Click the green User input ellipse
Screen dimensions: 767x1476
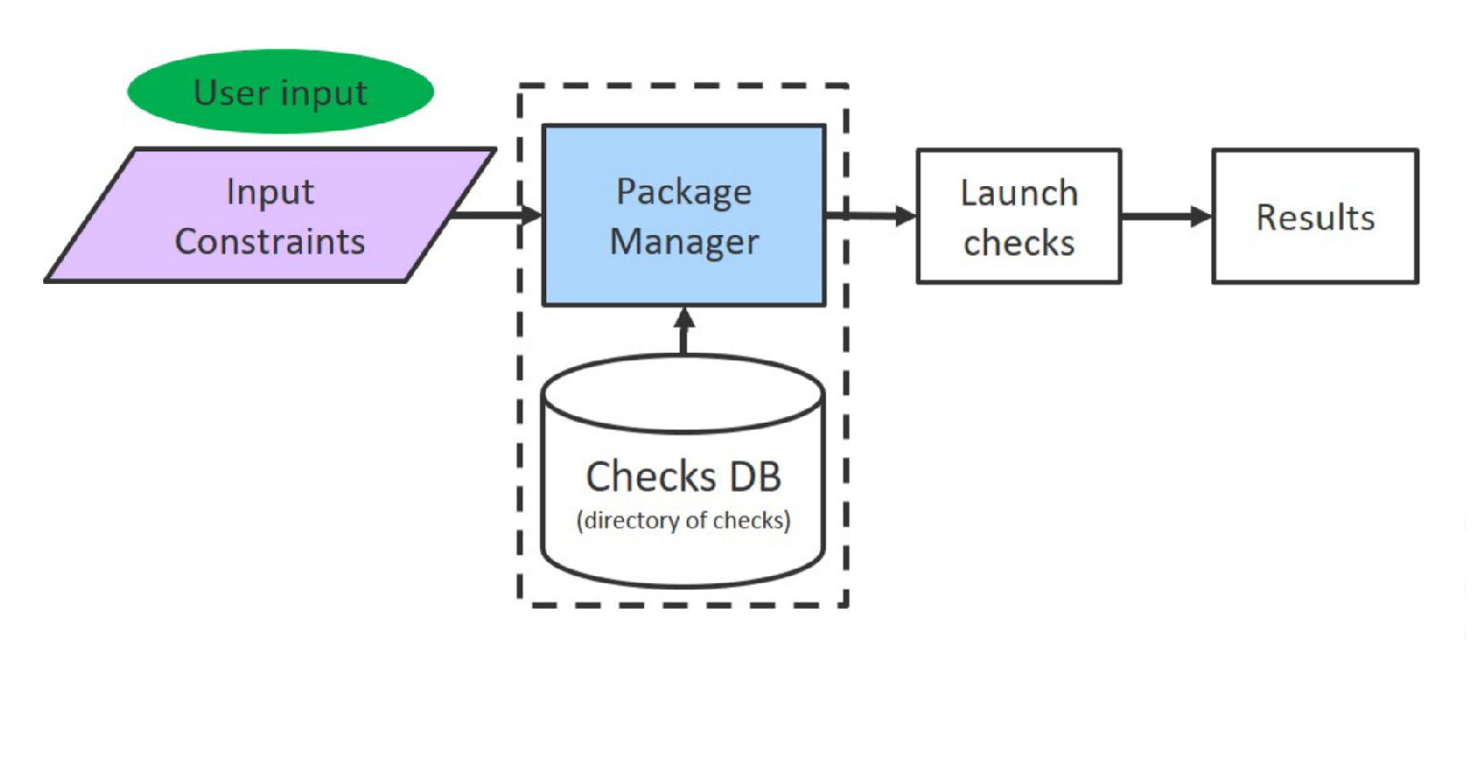pos(280,91)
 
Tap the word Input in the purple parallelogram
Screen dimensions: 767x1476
pos(269,192)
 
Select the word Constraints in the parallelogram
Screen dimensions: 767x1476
pos(269,241)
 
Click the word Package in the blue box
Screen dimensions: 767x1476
pos(683,192)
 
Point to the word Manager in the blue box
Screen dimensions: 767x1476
pos(683,242)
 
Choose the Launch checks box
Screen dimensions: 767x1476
pos(1018,216)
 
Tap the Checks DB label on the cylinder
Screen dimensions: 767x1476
pos(682,476)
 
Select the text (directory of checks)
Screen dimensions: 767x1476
pos(682,521)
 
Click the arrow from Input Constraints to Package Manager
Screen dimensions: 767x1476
pos(494,215)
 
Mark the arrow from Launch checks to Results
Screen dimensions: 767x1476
pos(1165,217)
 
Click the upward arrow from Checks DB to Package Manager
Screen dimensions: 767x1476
pos(683,331)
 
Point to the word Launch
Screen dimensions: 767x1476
pos(1018,193)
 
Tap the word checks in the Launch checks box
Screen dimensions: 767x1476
pos(1018,244)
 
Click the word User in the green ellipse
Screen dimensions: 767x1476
pos(229,93)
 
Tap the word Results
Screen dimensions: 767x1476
pos(1314,218)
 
